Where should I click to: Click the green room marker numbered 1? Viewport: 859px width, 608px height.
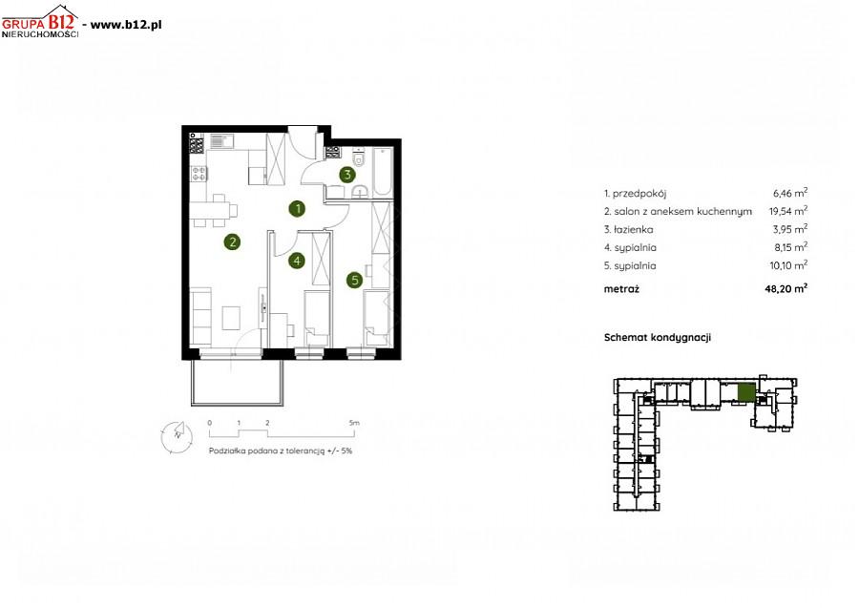(298, 208)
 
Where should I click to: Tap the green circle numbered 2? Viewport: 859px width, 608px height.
(232, 241)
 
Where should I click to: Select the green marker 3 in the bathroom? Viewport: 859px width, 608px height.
(346, 175)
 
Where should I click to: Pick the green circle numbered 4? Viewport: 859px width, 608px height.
(297, 261)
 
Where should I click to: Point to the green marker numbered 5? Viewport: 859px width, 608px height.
(354, 280)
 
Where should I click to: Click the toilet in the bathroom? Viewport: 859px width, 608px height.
(359, 157)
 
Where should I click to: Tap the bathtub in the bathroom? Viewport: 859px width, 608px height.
(382, 172)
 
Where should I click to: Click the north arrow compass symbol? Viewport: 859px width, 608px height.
(177, 437)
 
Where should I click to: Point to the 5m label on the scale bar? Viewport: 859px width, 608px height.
(354, 423)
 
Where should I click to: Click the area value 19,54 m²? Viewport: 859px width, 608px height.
(787, 210)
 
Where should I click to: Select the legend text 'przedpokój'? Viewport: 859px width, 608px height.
(639, 194)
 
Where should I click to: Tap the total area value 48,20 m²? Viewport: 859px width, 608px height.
(786, 288)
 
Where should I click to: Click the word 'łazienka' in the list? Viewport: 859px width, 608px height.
(634, 229)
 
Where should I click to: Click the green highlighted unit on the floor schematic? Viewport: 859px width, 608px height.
(746, 392)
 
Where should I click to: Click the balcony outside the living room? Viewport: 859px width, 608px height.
(238, 383)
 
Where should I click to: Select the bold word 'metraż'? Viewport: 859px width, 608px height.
(621, 288)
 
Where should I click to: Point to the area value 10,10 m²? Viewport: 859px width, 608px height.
(788, 265)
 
